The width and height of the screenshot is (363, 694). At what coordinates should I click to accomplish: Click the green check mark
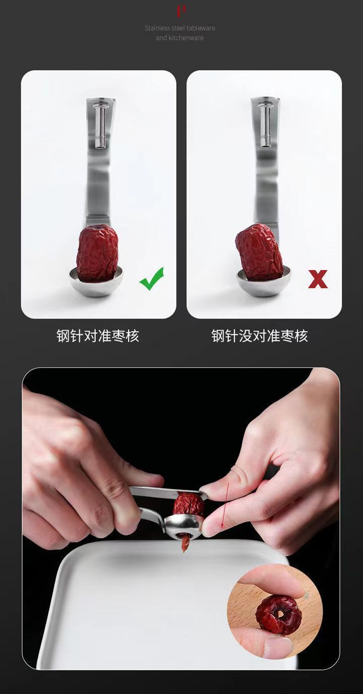(152, 278)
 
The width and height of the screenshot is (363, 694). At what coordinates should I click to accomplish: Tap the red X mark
(318, 279)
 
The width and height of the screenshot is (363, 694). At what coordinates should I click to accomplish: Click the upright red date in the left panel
(97, 254)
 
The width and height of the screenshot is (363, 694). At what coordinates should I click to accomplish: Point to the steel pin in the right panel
(265, 125)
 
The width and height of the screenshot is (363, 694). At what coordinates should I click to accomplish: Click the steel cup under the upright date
(96, 282)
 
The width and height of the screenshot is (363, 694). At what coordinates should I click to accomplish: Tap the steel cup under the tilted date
(264, 281)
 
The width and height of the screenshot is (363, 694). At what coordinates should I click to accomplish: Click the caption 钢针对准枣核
(98, 336)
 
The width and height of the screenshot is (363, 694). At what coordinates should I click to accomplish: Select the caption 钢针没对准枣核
(260, 336)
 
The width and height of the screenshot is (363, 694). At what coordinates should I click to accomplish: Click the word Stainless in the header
(157, 28)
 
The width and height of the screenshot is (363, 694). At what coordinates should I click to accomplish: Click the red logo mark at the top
(181, 11)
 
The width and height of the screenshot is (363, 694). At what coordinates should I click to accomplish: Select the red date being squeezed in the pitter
(189, 504)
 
